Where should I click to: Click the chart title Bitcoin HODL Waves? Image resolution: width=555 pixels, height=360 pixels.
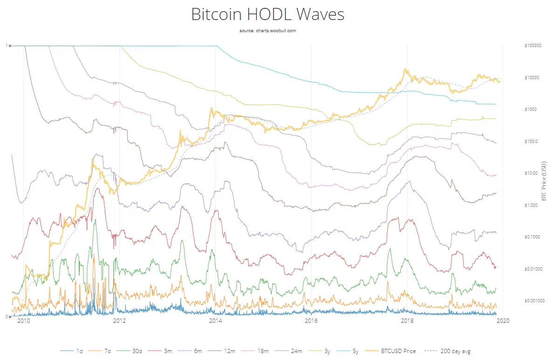(267, 14)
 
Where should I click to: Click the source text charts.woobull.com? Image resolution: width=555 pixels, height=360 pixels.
(267, 31)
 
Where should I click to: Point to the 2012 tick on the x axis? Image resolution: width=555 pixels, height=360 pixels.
(119, 321)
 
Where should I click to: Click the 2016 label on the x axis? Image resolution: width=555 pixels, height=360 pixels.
(311, 321)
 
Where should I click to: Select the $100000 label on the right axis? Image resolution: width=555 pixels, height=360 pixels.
(532, 46)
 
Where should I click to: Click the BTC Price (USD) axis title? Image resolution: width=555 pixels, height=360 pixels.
(543, 181)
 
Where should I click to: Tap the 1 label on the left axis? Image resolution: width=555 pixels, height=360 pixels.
(7, 46)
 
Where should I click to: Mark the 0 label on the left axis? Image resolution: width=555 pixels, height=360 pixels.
(7, 317)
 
